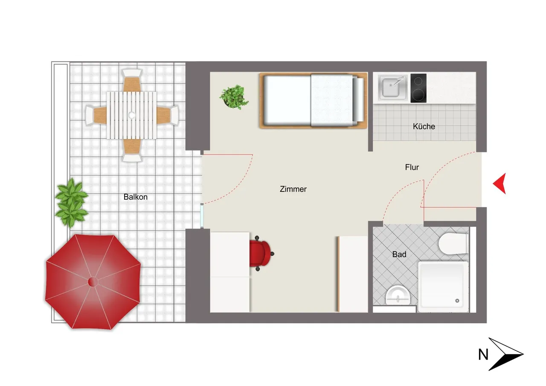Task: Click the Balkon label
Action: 136,197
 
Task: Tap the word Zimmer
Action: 293,189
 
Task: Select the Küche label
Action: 424,126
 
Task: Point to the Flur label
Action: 412,167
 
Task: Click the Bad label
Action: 399,254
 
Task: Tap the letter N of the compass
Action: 483,354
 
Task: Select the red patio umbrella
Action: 93,282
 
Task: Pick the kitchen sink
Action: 392,88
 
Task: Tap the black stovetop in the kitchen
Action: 418,88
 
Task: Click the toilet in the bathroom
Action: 453,244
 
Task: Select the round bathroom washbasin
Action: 398,295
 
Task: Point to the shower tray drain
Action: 457,301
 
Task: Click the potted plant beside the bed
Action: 234,97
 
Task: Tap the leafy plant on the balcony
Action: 71,202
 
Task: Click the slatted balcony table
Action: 132,115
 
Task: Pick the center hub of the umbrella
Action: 93,282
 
